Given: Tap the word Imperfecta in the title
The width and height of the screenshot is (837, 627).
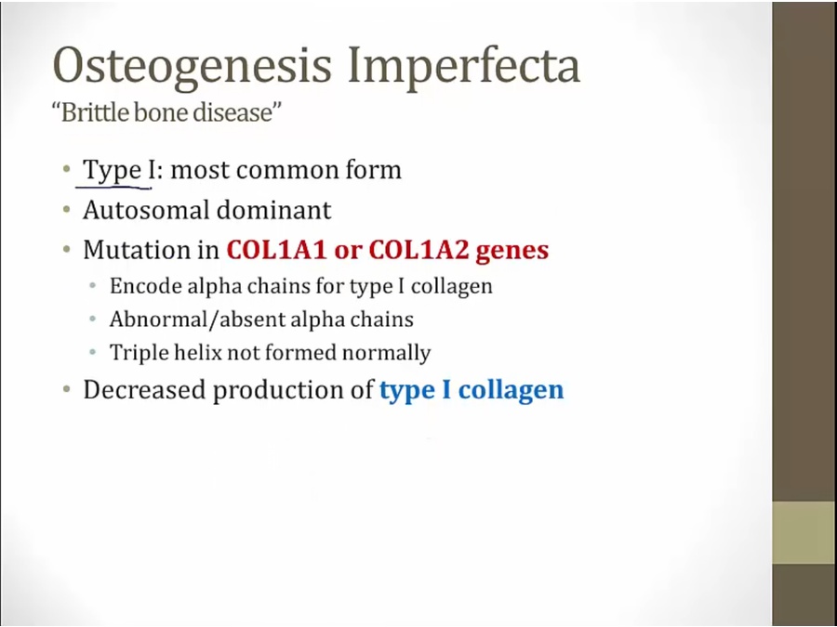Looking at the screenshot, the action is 464,67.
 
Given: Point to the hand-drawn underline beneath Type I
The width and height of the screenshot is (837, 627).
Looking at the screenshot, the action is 113,187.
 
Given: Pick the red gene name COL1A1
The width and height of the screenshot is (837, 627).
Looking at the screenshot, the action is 276,250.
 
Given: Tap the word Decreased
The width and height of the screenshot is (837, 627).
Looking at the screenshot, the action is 144,390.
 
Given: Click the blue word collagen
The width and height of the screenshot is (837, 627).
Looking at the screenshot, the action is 511,391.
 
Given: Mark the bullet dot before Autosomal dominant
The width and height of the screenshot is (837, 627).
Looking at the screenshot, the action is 67,210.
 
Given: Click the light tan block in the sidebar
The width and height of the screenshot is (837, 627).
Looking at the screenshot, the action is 804,532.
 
